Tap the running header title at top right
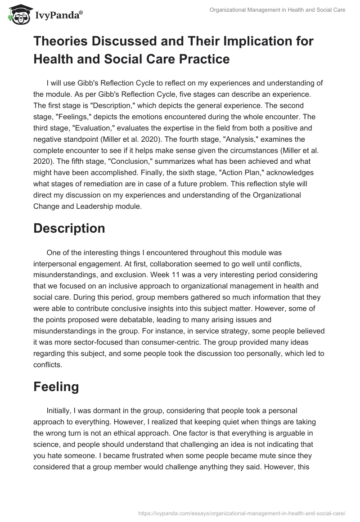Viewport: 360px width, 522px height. [x=278, y=10]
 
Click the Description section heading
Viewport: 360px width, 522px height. [x=69, y=228]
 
